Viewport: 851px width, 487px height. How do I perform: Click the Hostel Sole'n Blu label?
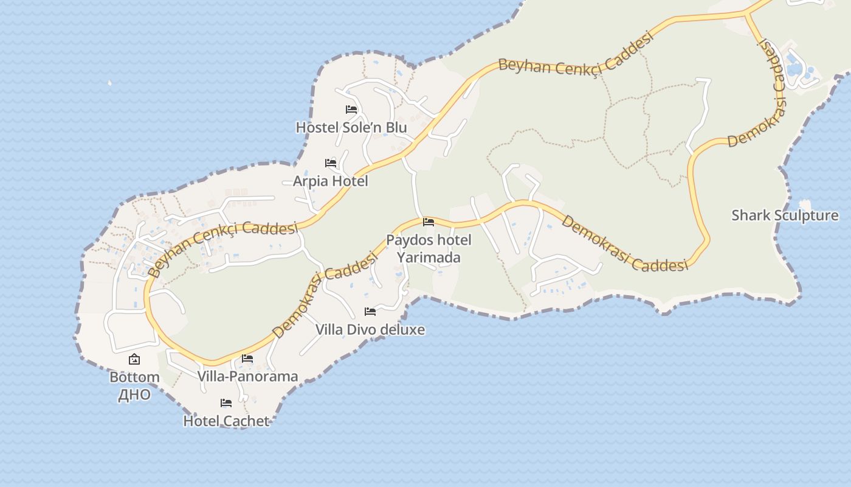point(351,128)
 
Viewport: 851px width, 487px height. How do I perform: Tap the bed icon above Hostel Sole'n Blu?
point(351,110)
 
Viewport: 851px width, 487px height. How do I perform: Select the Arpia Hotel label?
point(331,181)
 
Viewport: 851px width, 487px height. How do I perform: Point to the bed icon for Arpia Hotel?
point(331,163)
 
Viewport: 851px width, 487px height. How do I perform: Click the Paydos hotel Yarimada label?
point(429,248)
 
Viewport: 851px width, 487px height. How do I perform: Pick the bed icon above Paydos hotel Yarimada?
point(429,222)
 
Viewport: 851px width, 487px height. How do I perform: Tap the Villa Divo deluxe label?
point(370,330)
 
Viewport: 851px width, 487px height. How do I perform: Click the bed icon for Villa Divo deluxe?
point(370,312)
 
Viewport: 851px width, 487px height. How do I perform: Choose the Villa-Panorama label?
point(248,376)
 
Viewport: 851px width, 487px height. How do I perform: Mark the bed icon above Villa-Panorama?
point(247,359)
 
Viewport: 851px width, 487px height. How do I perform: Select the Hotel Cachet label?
point(226,421)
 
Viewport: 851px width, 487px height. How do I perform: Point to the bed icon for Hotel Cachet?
point(226,403)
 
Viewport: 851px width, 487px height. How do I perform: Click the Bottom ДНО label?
point(134,385)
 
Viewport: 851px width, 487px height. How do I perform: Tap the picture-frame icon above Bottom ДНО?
point(134,360)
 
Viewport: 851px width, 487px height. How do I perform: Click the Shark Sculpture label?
point(785,215)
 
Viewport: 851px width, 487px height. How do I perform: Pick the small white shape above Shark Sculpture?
point(805,204)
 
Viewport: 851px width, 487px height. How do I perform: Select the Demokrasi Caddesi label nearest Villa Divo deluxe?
point(322,297)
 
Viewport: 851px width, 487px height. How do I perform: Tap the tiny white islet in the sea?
point(110,82)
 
